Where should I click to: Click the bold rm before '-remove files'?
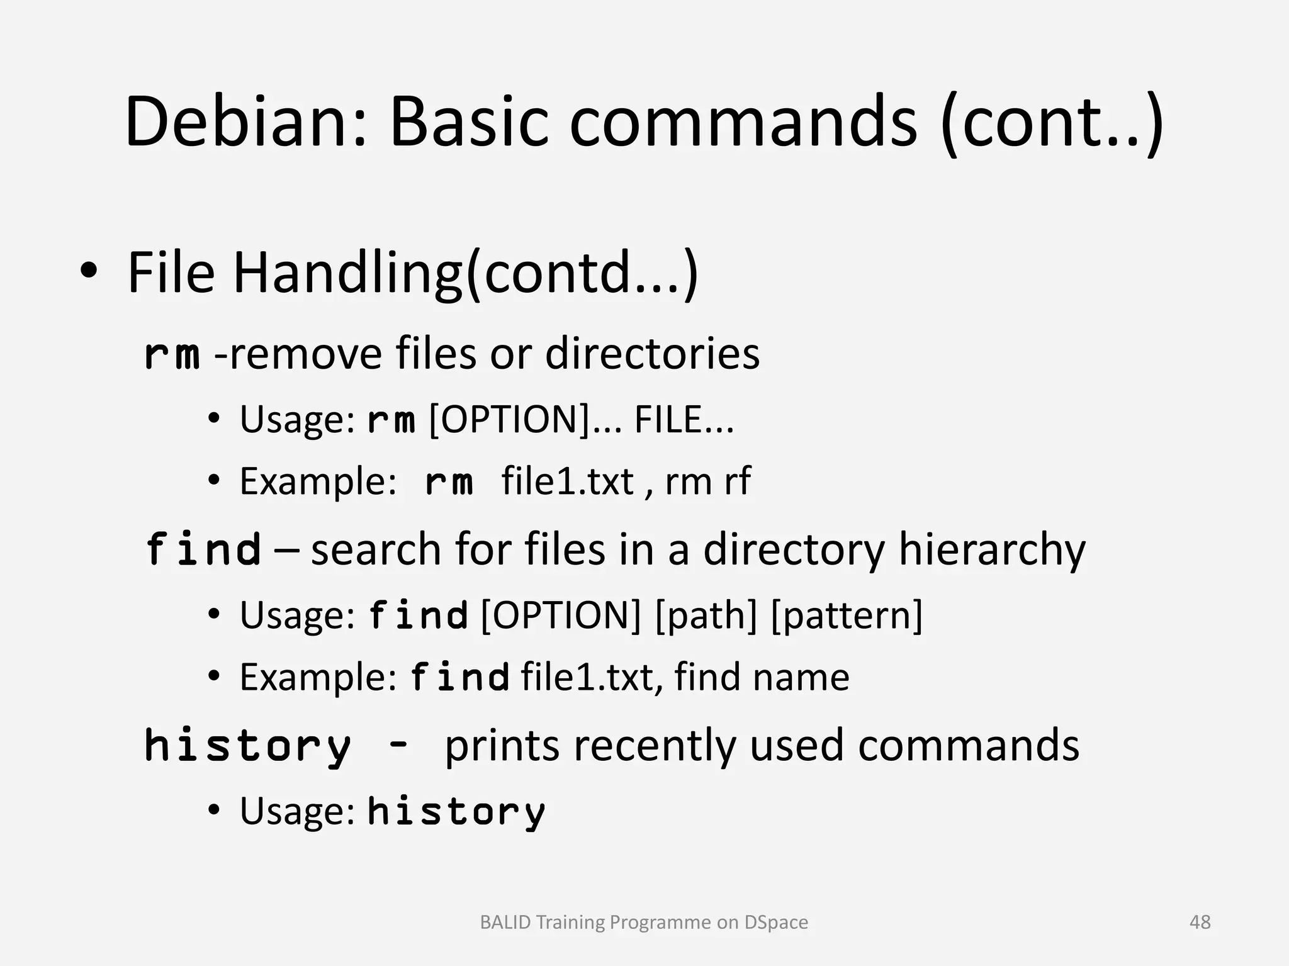172,354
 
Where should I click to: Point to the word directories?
652,354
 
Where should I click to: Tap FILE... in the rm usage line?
684,420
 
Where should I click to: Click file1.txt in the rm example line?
567,482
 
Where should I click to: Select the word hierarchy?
991,550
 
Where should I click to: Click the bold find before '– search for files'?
203,549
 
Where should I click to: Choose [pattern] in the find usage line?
847,615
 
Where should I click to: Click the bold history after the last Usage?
456,811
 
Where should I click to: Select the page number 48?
1200,922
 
